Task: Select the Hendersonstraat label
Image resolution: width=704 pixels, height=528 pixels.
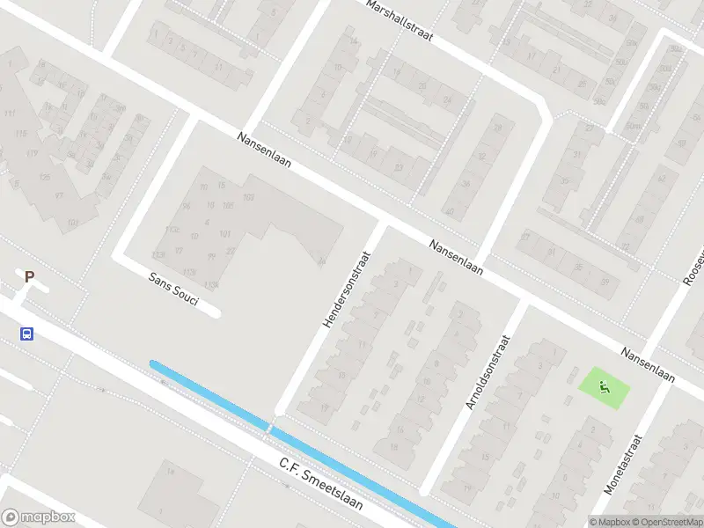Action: pyautogui.click(x=346, y=289)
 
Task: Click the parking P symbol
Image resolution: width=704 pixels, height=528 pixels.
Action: pyautogui.click(x=29, y=276)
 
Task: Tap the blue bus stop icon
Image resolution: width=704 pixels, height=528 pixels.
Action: pyautogui.click(x=27, y=334)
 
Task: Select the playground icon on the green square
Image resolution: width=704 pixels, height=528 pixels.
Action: pyautogui.click(x=604, y=385)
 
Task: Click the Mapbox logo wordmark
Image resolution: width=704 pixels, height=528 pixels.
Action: pyautogui.click(x=39, y=517)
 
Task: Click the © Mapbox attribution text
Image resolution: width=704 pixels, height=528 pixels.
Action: pyautogui.click(x=609, y=522)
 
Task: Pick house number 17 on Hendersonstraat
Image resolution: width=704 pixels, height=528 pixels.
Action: pyautogui.click(x=324, y=407)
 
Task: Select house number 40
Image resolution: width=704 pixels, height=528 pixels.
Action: pyautogui.click(x=449, y=211)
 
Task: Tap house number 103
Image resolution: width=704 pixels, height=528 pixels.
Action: pyautogui.click(x=248, y=196)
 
